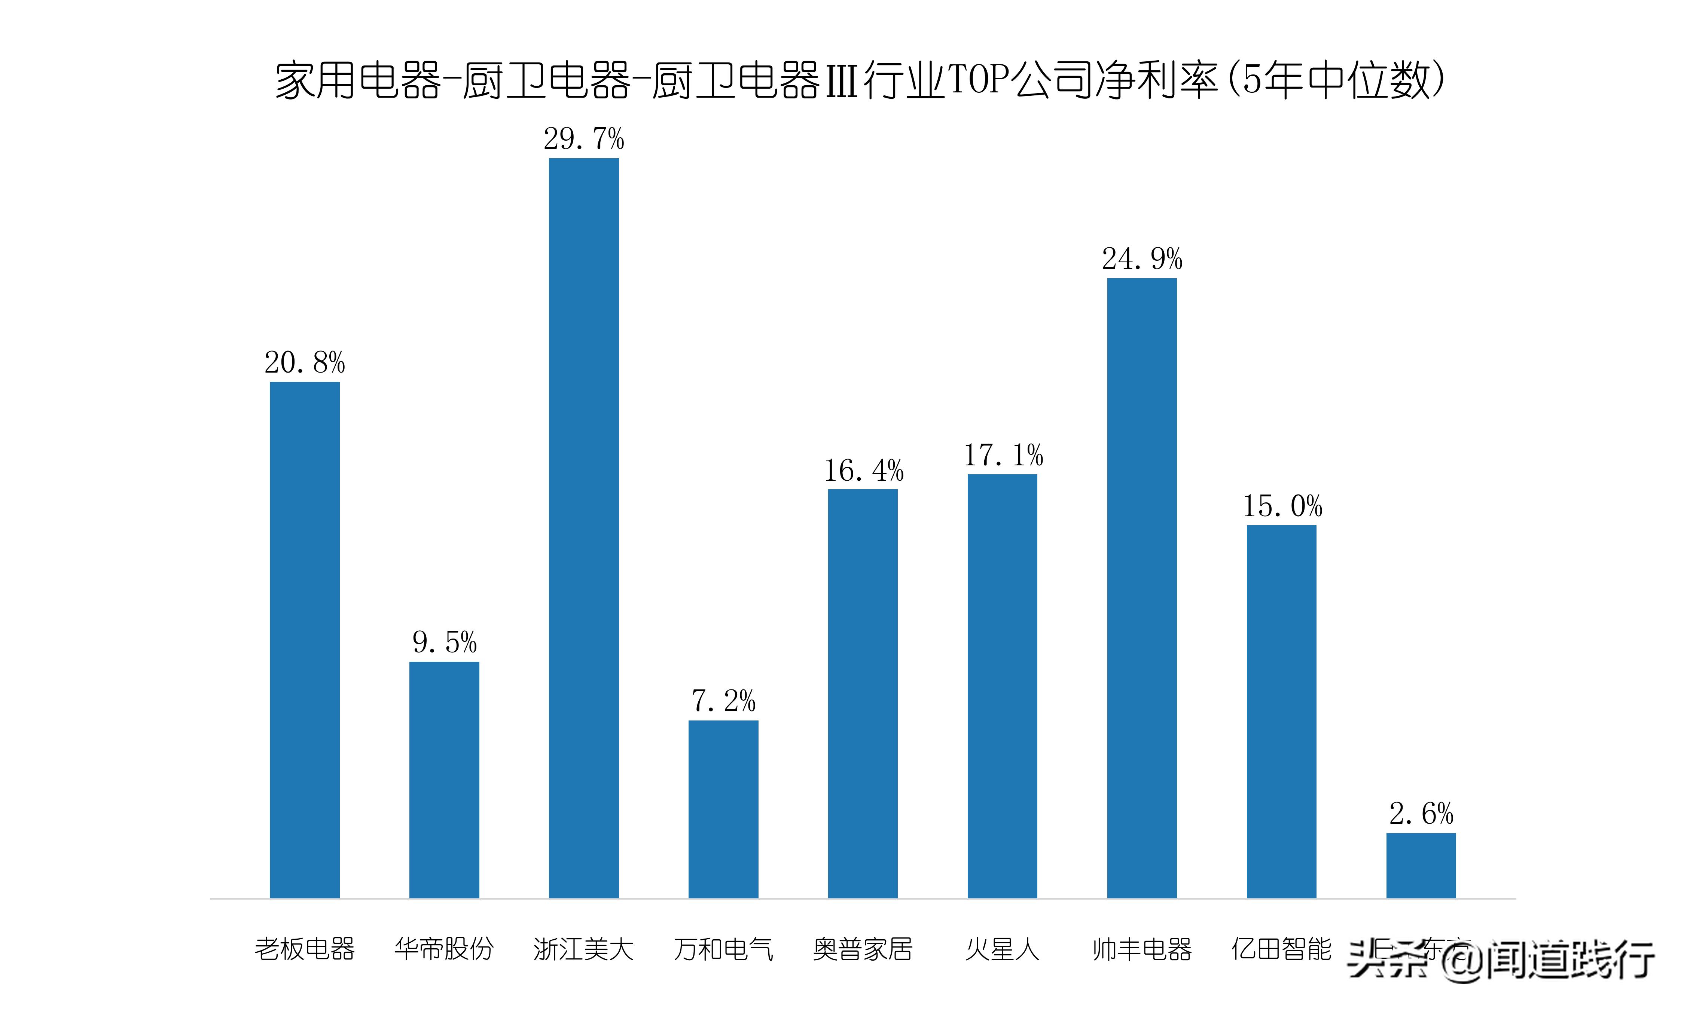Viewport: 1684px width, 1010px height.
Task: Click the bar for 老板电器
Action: [304, 640]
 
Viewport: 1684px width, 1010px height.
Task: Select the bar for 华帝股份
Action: [444, 779]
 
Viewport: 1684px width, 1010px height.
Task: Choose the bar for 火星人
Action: [1002, 686]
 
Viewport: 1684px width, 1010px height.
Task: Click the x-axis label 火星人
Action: [1002, 949]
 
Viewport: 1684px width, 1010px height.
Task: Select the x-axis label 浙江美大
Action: [583, 949]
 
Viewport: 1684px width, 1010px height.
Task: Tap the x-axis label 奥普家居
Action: [863, 949]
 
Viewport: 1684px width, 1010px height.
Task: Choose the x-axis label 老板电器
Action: [304, 949]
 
